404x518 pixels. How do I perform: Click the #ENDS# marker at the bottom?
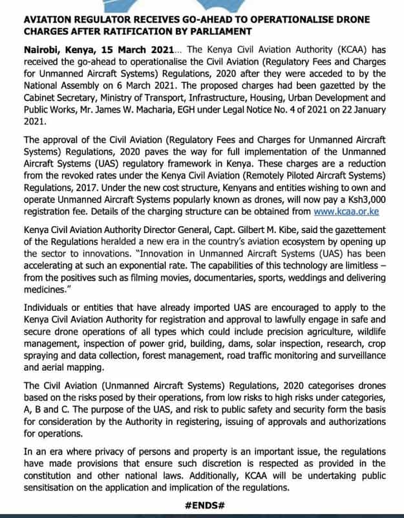pyautogui.click(x=203, y=506)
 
